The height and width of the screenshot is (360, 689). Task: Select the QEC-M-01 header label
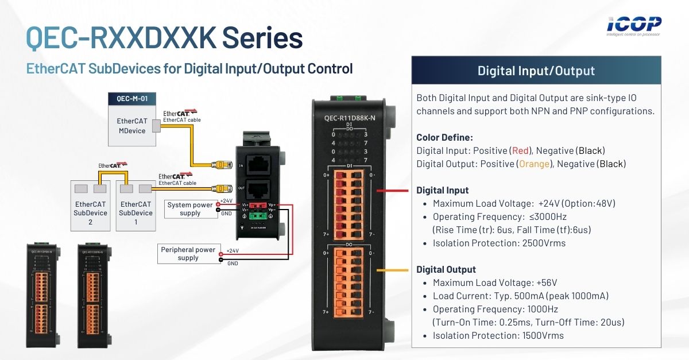coord(132,98)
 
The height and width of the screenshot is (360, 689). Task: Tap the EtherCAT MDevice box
coord(132,126)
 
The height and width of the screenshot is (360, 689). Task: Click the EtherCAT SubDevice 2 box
coord(91,208)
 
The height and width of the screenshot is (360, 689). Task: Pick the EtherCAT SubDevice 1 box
coord(136,208)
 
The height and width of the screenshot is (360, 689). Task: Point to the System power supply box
coord(190,209)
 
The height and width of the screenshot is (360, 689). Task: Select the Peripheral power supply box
coord(188,254)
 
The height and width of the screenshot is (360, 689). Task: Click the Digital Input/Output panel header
coord(536,71)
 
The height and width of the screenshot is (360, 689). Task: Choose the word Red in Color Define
coord(520,150)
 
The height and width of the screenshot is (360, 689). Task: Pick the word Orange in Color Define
coord(531,164)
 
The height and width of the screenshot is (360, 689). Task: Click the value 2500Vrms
coord(544,243)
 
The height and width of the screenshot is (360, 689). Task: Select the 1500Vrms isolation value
coord(543,336)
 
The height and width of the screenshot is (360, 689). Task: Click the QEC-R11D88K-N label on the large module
coord(350,118)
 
